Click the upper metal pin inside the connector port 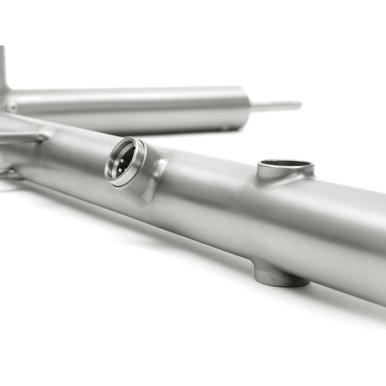tap(121, 161)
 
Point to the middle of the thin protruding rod tap(275, 106)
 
